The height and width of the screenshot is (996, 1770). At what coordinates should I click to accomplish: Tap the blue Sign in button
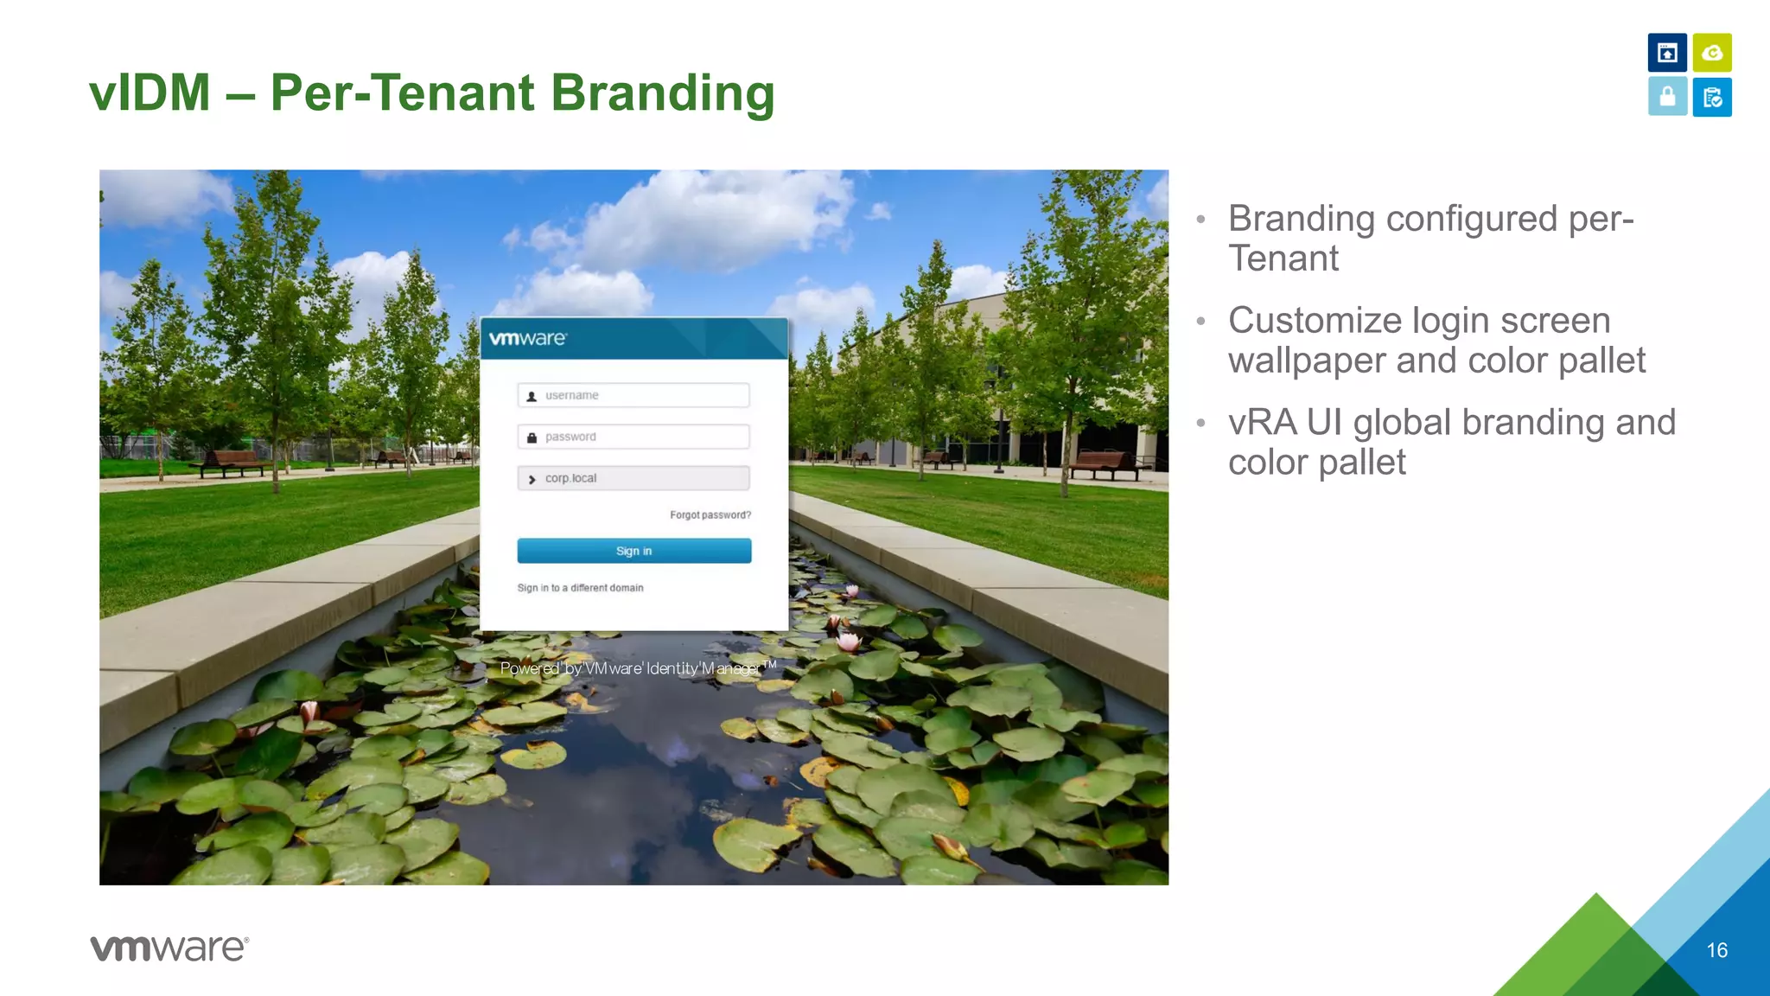[634, 551]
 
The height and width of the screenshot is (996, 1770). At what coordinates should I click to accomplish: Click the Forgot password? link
[710, 515]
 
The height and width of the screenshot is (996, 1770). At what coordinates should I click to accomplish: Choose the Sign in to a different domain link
[580, 588]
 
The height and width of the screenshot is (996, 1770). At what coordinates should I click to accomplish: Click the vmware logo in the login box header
[527, 339]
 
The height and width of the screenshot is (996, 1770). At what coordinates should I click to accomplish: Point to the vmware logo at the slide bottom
[169, 948]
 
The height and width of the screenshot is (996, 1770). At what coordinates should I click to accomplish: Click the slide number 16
[1716, 950]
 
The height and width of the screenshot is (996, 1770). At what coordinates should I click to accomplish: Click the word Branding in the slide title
[662, 93]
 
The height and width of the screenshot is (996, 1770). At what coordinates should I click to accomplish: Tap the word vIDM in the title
[150, 93]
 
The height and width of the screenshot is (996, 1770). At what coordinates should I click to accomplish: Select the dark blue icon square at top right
[1667, 53]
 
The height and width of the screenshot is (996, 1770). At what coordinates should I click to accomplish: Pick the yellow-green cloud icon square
[1711, 53]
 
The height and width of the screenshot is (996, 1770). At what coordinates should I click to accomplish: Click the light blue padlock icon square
[1667, 97]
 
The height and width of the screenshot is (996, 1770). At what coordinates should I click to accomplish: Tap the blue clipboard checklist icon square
[1711, 97]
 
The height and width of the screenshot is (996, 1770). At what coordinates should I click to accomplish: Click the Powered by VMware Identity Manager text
[637, 668]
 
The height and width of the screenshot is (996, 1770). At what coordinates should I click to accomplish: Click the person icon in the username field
[532, 396]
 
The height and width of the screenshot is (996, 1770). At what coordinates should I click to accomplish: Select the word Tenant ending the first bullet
[1283, 259]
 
